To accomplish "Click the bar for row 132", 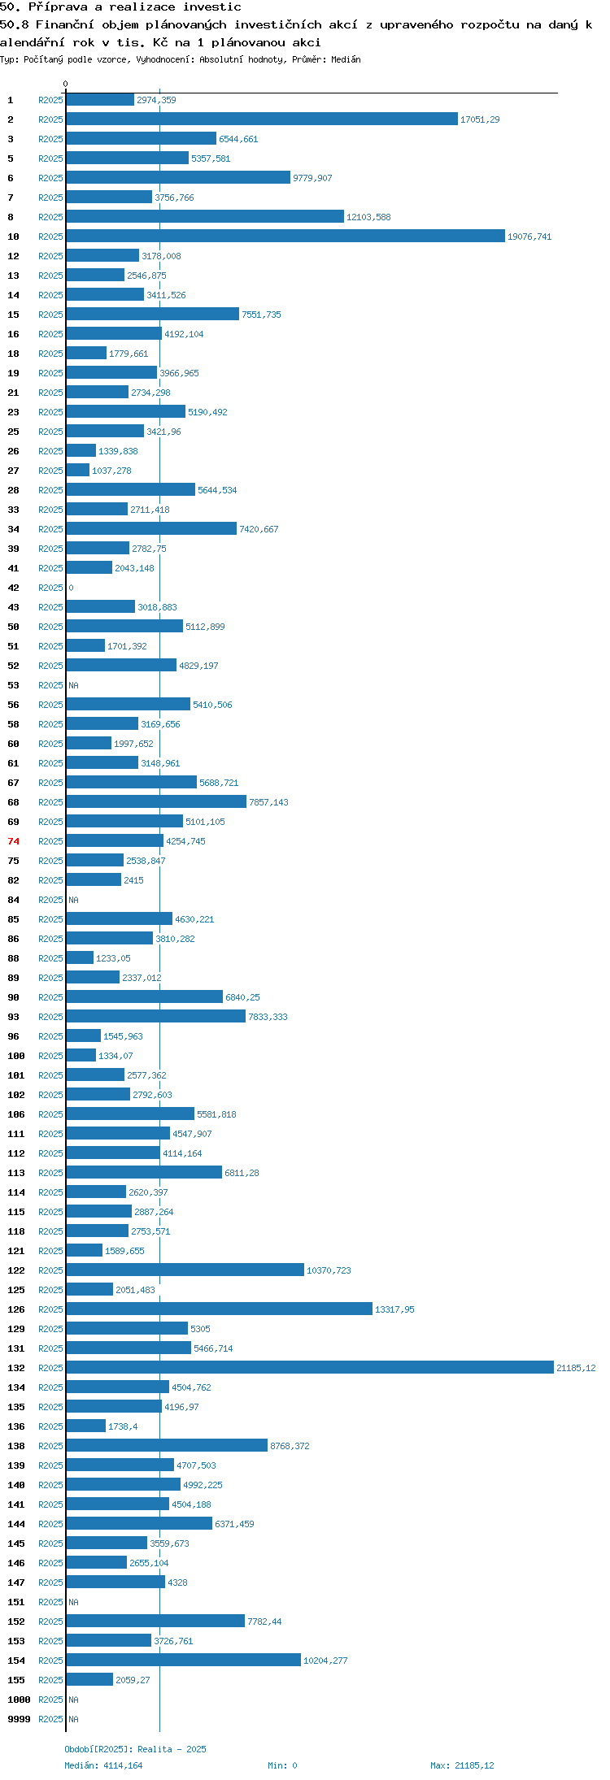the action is pos(310,1368).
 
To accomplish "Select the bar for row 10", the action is pos(285,237).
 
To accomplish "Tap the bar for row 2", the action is pos(262,119).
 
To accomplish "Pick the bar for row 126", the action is pos(219,1309).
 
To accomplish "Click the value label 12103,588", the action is pos(368,217).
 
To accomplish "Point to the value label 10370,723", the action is pos(329,1270).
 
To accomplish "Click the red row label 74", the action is pos(13,841).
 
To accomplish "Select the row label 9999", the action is pos(19,1719).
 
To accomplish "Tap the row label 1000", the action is pos(19,1700).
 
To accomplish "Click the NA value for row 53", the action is pos(73,685).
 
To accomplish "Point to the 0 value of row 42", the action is pos(71,588).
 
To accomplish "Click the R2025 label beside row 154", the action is pos(50,1661).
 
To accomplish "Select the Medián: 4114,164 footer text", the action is pos(103,1765).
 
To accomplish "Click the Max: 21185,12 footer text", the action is pos(462,1765).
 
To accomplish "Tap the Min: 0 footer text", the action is pos(282,1765).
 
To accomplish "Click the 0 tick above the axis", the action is pos(65,84).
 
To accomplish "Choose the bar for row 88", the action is pos(80,958).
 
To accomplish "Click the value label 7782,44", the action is pos(264,1622).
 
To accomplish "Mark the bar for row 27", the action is pos(77,471).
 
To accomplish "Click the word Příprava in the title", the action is pos(57,7).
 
